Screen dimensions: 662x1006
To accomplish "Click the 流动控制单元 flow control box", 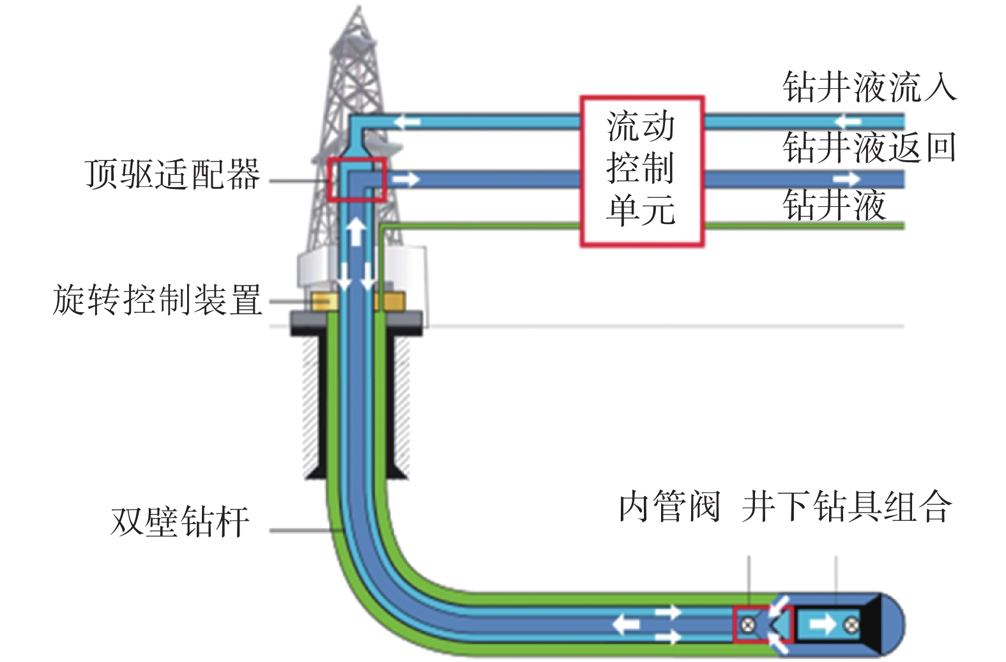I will click(641, 171).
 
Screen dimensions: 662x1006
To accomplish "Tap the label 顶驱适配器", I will click(172, 174).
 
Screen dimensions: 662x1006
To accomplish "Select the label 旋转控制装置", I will click(157, 299).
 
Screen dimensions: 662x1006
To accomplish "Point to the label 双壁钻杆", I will click(179, 522).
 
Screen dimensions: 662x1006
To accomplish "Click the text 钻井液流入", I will click(869, 87).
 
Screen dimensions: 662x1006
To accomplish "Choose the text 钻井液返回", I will click(869, 147).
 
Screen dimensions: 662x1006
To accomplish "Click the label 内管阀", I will click(669, 507).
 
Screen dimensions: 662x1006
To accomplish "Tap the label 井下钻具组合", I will click(847, 507).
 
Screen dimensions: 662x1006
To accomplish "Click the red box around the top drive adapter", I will click(357, 179).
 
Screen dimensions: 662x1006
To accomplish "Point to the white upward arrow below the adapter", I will click(356, 231).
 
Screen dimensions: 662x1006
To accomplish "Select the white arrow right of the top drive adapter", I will click(406, 179).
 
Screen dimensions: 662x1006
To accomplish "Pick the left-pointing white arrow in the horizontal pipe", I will click(626, 624).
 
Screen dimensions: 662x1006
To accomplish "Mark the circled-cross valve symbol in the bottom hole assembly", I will click(851, 624).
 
